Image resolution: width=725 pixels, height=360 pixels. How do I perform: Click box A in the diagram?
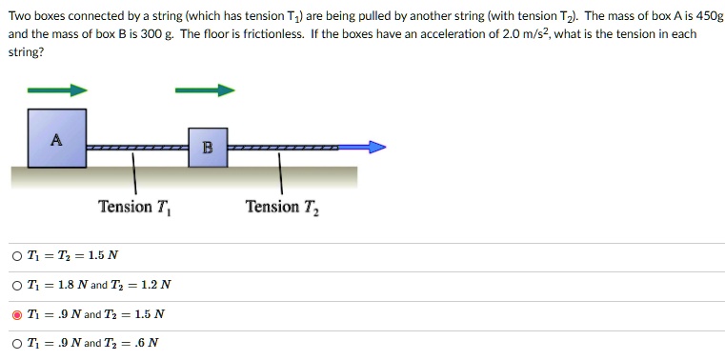pos(56,139)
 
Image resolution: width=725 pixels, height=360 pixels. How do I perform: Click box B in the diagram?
pos(207,148)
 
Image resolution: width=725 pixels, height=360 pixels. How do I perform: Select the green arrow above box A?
pos(57,90)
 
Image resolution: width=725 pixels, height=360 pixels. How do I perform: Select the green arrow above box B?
pos(204,90)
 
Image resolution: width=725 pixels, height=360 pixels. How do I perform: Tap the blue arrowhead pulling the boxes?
pos(377,148)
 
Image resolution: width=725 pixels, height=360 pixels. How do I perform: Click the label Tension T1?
pos(138,208)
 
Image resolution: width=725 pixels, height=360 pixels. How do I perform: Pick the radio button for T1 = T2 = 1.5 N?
pos(17,255)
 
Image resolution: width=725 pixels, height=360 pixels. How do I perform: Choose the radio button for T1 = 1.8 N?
pos(17,285)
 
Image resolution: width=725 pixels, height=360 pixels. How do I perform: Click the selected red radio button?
pos(17,313)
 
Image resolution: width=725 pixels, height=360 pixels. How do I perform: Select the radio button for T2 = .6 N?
pos(17,343)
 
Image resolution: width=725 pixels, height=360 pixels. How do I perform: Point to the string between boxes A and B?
pos(136,149)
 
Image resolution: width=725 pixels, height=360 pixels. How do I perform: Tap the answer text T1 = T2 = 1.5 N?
pos(72,255)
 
